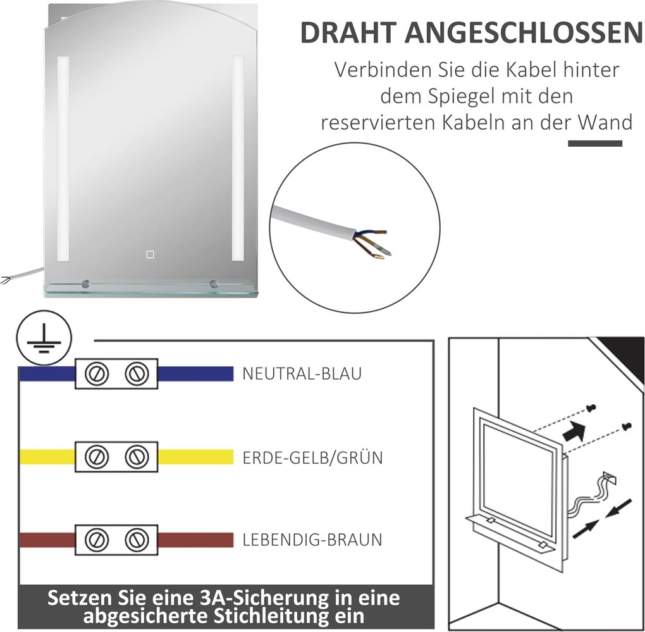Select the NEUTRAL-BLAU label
pyautogui.click(x=302, y=373)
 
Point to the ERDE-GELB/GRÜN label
pyautogui.click(x=312, y=457)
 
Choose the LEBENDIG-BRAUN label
pyautogui.click(x=312, y=540)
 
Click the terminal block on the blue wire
pyautogui.click(x=116, y=373)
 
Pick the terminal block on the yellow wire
pyautogui.click(x=116, y=456)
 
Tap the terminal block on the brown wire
pyautogui.click(x=116, y=540)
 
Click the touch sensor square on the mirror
pyautogui.click(x=150, y=255)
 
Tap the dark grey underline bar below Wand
pyautogui.click(x=594, y=144)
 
